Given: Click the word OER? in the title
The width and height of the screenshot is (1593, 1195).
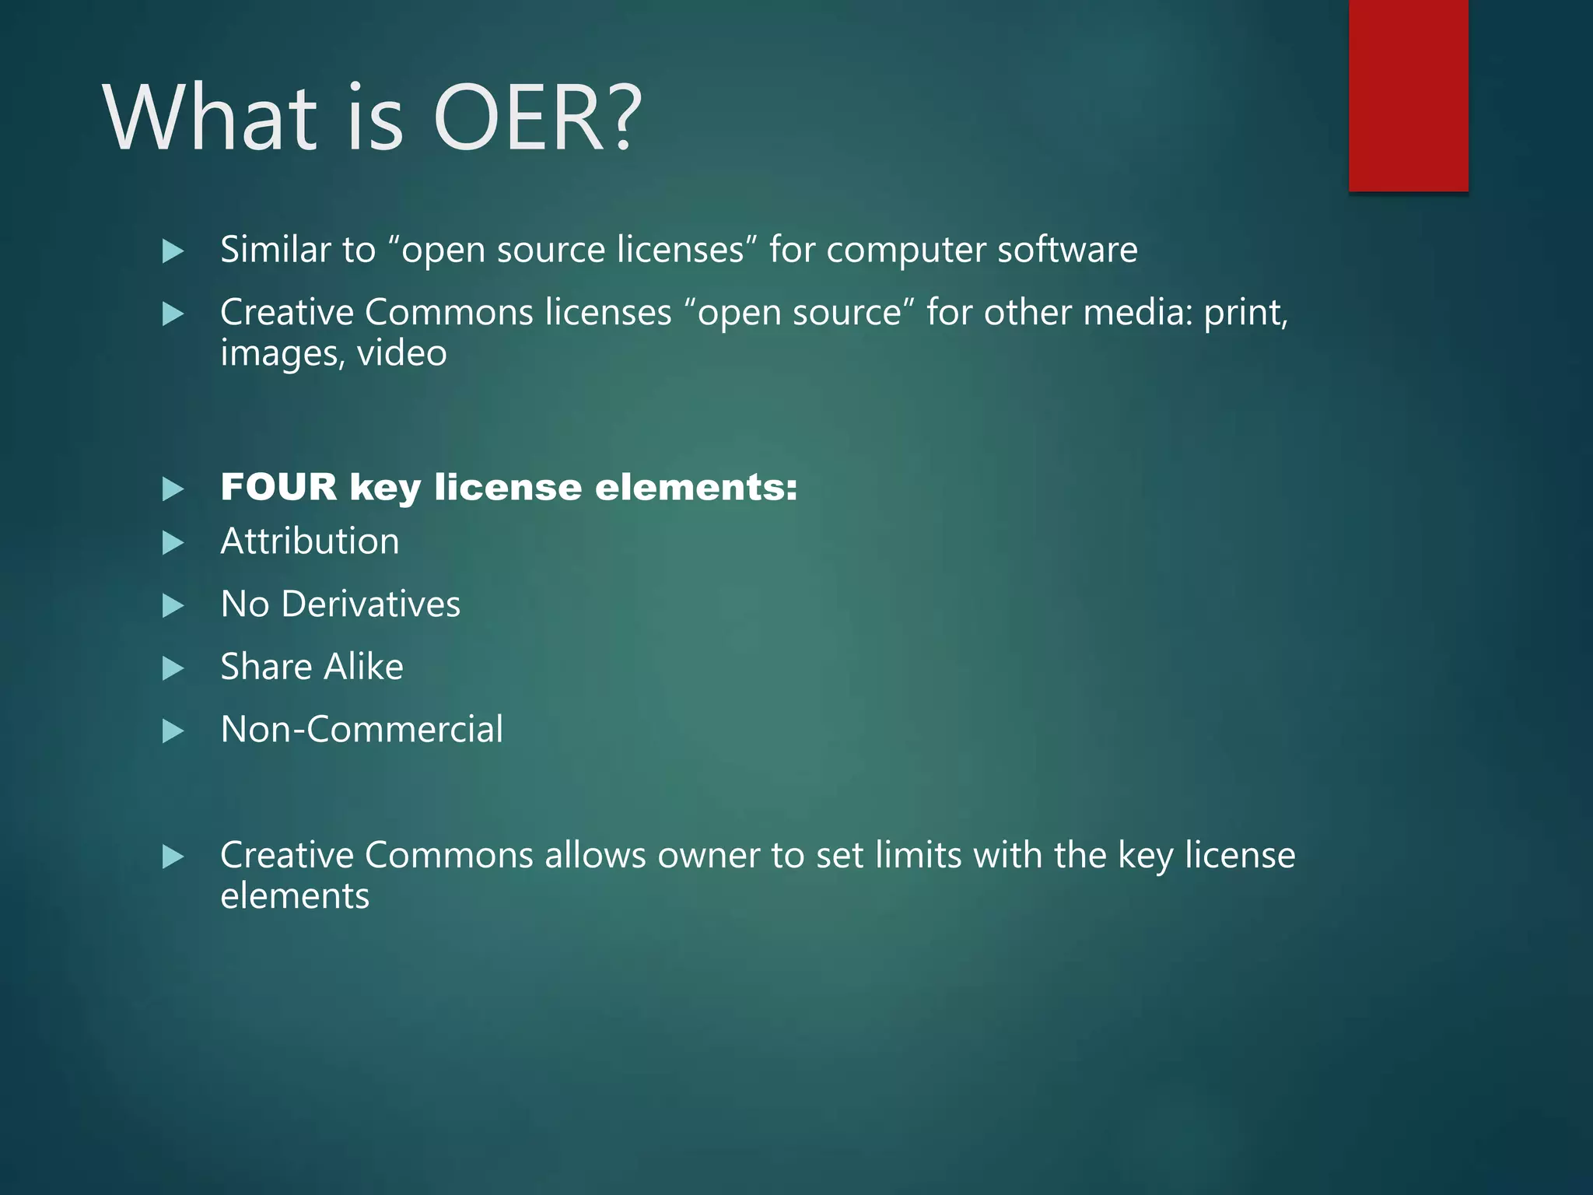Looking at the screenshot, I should (x=537, y=118).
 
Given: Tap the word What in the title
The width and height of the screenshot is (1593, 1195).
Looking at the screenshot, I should (x=210, y=118).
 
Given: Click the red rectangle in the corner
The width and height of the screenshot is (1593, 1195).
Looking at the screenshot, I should (x=1408, y=95).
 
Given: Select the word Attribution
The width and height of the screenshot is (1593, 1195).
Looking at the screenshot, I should (x=310, y=541).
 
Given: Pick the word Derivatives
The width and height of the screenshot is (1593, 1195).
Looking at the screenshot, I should (x=371, y=605).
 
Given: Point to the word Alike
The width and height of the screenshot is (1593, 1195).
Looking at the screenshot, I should (x=364, y=667).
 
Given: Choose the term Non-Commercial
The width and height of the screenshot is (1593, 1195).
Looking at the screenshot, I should (x=362, y=730).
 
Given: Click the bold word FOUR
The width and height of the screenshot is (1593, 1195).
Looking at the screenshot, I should (x=278, y=488).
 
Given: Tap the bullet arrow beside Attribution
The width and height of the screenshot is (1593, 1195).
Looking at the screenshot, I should (x=173, y=543).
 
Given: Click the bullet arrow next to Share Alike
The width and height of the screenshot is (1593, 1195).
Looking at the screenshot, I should (x=173, y=668).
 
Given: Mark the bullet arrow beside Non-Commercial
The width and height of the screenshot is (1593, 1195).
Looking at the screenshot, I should (x=173, y=731).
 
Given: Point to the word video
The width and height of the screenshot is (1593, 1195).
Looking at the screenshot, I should (x=401, y=354).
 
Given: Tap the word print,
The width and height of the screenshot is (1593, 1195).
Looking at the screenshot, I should (x=1246, y=314).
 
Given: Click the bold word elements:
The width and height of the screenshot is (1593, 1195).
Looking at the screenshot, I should (x=696, y=488).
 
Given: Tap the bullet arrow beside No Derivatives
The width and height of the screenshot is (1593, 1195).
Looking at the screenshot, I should (x=173, y=606).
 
